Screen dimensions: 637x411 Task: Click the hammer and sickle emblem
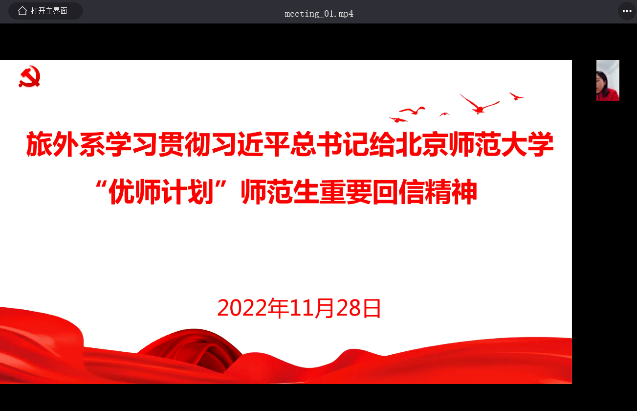pyautogui.click(x=29, y=76)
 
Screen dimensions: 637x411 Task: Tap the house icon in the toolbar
pyautogui.click(x=22, y=11)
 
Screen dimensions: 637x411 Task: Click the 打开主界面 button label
pyautogui.click(x=49, y=11)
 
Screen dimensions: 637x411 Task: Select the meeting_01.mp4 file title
pyautogui.click(x=319, y=14)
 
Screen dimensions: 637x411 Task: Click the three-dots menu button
pyautogui.click(x=627, y=11)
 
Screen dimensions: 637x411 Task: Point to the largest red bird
pyautogui.click(x=480, y=104)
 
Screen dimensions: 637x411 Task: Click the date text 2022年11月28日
pyautogui.click(x=299, y=308)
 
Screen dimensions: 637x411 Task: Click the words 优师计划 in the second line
pyautogui.click(x=161, y=191)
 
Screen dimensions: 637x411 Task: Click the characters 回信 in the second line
pyautogui.click(x=399, y=191)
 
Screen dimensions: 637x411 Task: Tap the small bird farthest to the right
pyautogui.click(x=516, y=96)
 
